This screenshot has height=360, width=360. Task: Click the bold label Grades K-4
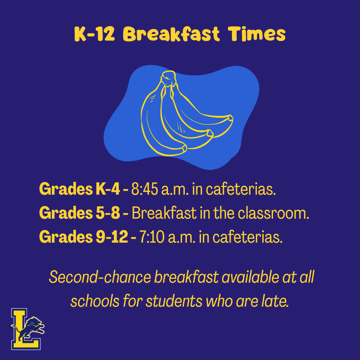click(x=79, y=189)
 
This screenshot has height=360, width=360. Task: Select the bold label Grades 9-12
click(x=83, y=237)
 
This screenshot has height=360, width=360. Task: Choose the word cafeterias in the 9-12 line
click(x=248, y=237)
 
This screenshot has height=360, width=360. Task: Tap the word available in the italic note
click(x=250, y=277)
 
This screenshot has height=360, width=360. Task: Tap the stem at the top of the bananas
click(x=168, y=77)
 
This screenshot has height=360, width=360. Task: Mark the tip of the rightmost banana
click(x=230, y=117)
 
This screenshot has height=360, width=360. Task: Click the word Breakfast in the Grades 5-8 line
click(x=164, y=213)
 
